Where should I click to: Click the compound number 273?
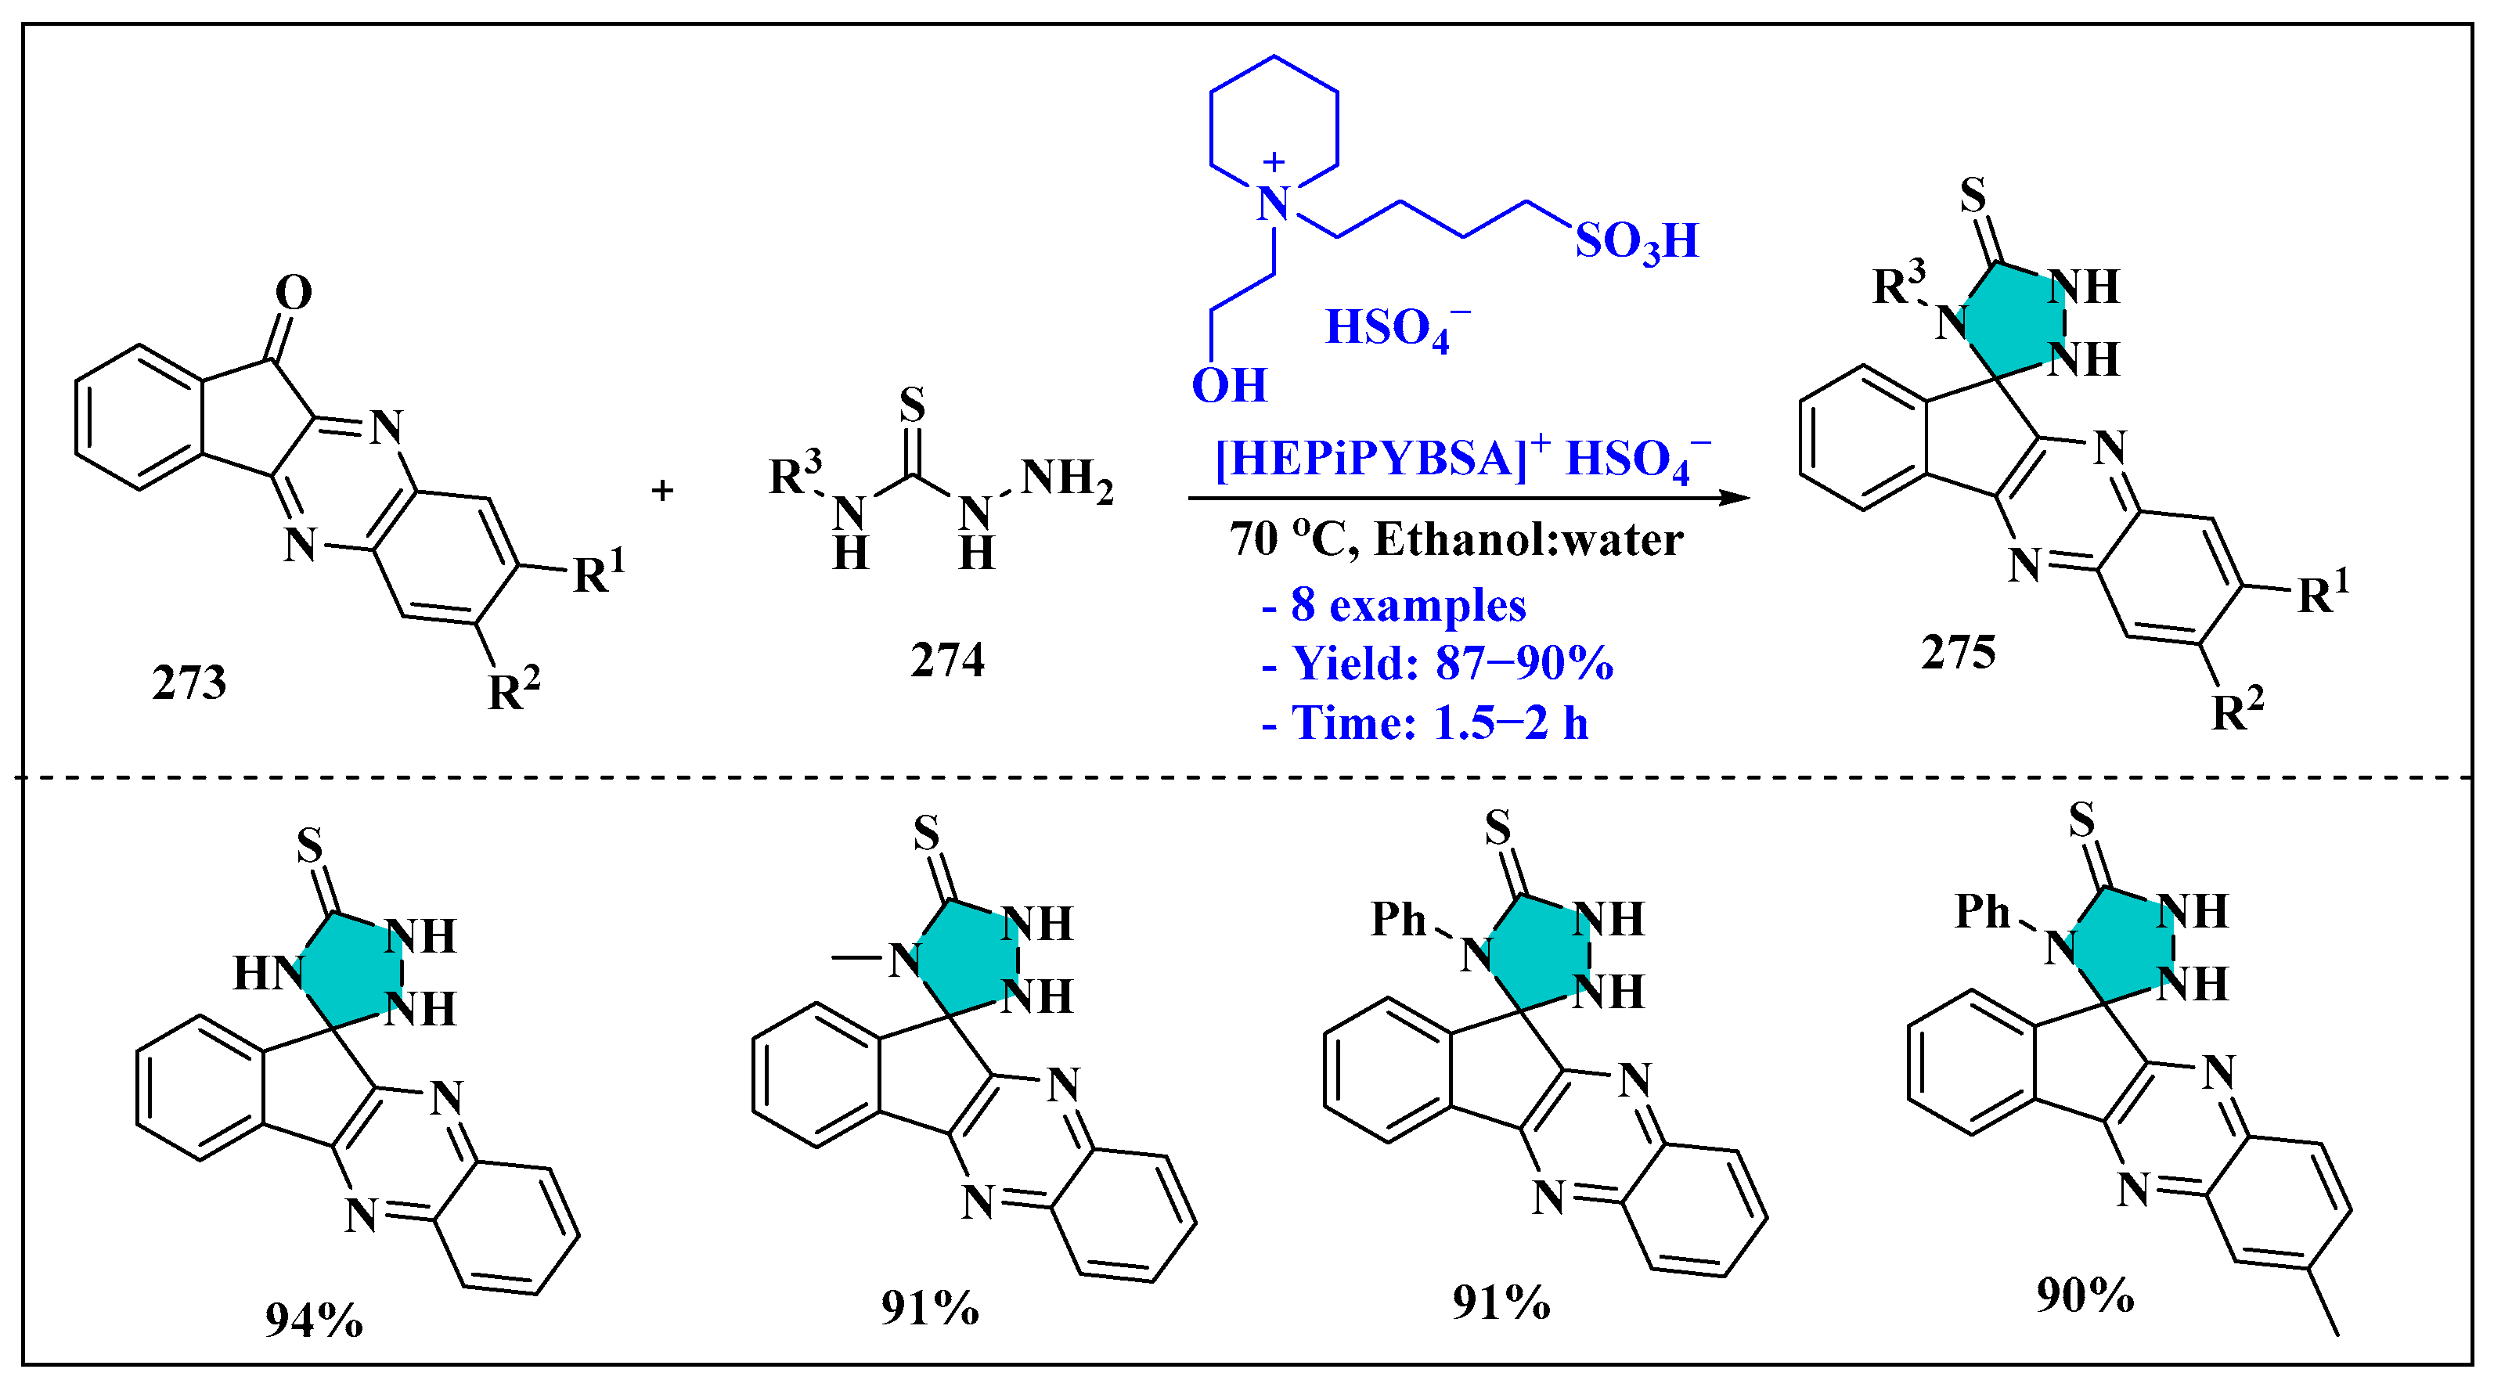coord(189,683)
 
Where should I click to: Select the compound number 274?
coord(947,660)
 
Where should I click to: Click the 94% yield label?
coord(314,1319)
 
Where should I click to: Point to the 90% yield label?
coord(2085,1294)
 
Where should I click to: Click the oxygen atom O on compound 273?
coord(294,292)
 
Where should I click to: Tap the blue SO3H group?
coord(1636,241)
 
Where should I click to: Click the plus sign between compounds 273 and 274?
coord(662,491)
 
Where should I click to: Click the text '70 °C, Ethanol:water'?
coord(1456,540)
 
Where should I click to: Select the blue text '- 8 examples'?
coord(1394,606)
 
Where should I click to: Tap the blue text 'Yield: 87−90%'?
coord(1452,664)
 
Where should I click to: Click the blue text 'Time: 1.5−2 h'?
coord(1440,723)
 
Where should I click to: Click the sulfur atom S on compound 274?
coord(912,405)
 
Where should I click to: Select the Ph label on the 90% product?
coord(1983,912)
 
